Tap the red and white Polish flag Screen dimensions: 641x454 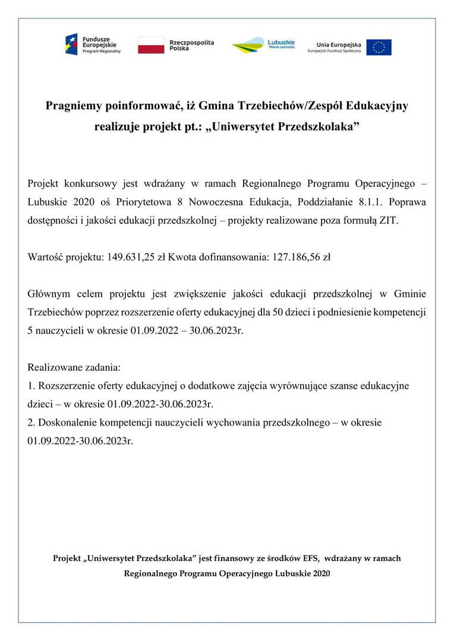[151, 46]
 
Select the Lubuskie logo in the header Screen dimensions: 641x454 [263, 45]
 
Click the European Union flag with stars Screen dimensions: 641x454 [379, 47]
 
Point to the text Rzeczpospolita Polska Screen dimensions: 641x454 [191, 46]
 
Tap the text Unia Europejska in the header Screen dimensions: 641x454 [339, 44]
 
